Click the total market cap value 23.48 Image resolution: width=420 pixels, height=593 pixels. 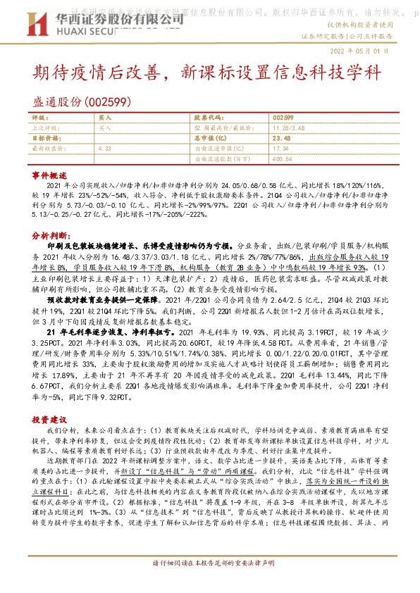tap(280, 139)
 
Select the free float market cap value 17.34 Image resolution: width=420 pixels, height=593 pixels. tap(280, 149)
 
